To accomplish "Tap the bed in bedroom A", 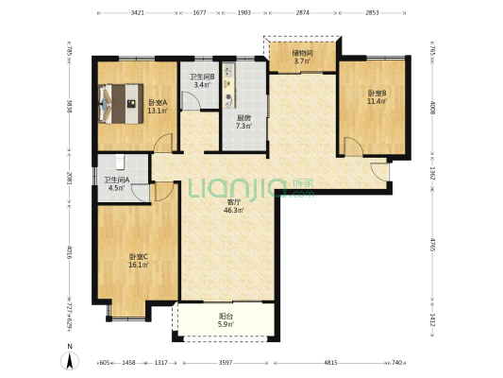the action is pyautogui.click(x=121, y=104).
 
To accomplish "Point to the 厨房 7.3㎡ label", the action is pyautogui.click(x=243, y=122).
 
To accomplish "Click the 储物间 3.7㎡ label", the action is pyautogui.click(x=302, y=57).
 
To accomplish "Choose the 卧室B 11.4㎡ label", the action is pyautogui.click(x=377, y=97).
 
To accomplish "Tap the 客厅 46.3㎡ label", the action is pyautogui.click(x=234, y=207).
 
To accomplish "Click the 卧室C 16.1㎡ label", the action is pyautogui.click(x=139, y=261).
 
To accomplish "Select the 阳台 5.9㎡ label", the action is pyautogui.click(x=226, y=320).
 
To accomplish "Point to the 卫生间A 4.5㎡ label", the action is pyautogui.click(x=116, y=184).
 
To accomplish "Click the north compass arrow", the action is pyautogui.click(x=70, y=360).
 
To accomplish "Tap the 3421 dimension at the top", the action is pyautogui.click(x=137, y=13).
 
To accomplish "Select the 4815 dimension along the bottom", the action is pyautogui.click(x=330, y=363).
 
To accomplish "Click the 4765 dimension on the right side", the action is pyautogui.click(x=432, y=246).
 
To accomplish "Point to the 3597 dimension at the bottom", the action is pyautogui.click(x=226, y=363).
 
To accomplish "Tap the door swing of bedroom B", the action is pyautogui.click(x=354, y=146).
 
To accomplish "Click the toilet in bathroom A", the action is pyautogui.click(x=120, y=162).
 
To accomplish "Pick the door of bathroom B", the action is pyautogui.click(x=192, y=100).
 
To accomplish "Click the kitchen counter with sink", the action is pyautogui.click(x=229, y=85).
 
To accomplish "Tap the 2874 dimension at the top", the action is pyautogui.click(x=303, y=13).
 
